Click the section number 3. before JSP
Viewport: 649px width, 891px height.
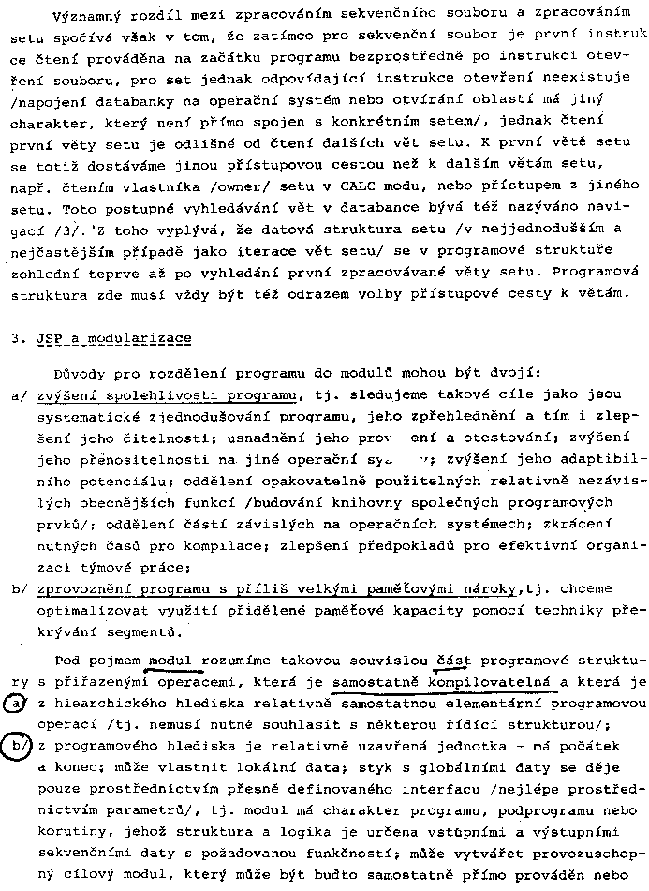tap(18, 339)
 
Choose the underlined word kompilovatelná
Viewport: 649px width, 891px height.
tap(493, 683)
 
